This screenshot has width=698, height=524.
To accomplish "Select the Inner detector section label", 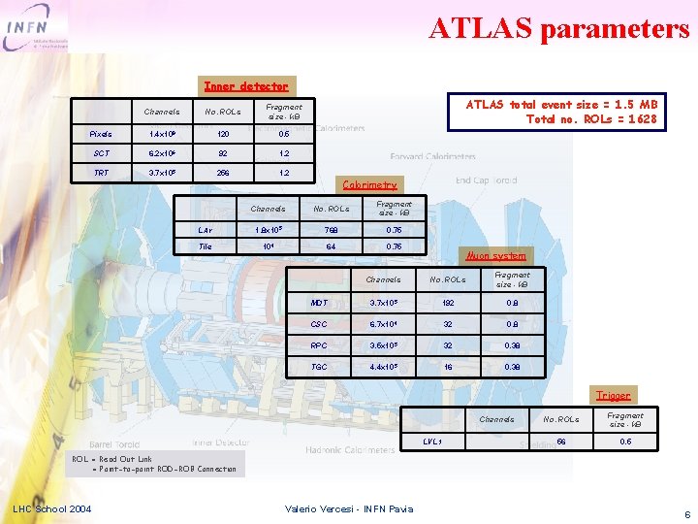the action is [x=244, y=86].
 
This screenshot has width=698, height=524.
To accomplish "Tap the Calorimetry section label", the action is [x=369, y=184].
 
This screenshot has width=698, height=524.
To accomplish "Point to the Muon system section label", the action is [x=496, y=255].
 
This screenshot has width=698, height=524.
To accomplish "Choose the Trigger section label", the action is [x=613, y=395].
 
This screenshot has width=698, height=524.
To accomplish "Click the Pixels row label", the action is [x=101, y=134].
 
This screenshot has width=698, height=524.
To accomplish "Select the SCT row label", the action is [x=101, y=153].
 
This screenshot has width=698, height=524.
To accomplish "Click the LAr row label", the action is [x=206, y=229].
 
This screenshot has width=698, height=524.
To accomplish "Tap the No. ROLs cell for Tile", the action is [x=333, y=246].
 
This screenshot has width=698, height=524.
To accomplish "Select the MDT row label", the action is [x=320, y=302].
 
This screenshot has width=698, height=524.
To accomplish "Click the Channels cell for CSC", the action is [x=383, y=324].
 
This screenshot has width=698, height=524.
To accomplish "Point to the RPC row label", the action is [x=320, y=345].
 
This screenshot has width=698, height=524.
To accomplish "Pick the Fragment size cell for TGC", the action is [x=512, y=367].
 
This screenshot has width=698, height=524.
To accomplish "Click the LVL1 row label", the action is [x=433, y=442].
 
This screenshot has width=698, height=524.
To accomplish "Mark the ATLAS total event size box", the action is [x=555, y=112].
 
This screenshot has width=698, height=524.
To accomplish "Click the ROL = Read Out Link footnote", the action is [x=154, y=464].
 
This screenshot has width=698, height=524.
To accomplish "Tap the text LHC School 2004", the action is [x=52, y=508].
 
